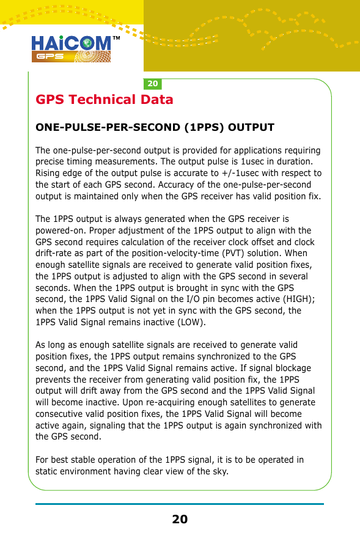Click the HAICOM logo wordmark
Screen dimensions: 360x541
pos(71,43)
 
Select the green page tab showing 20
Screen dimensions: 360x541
pos(153,83)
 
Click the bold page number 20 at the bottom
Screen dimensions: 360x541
pos(180,520)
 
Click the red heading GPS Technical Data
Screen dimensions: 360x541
pos(105,100)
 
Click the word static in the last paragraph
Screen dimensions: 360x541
pos(48,471)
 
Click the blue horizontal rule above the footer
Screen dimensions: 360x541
pos(180,504)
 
